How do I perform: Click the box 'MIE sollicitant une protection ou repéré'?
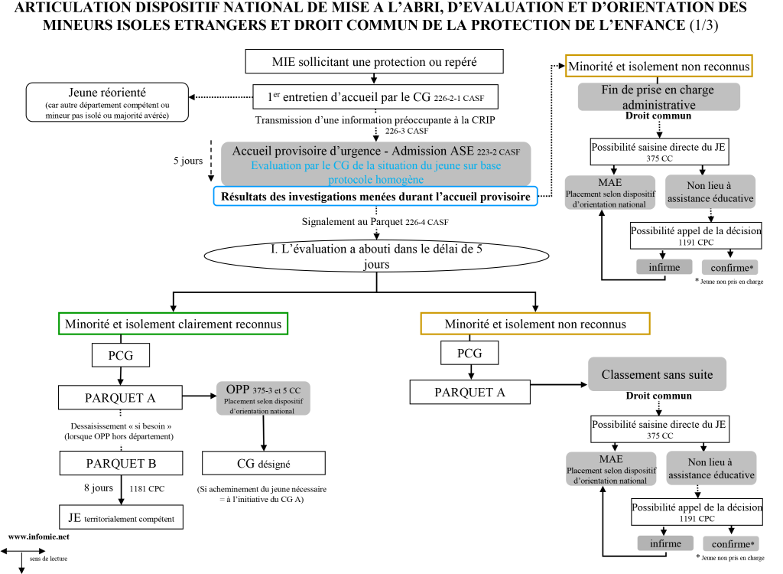coord(375,62)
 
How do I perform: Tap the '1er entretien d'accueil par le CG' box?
coord(375,96)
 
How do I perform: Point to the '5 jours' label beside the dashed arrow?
coord(188,161)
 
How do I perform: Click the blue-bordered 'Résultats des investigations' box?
coord(375,197)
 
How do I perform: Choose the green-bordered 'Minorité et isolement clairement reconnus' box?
coord(173,324)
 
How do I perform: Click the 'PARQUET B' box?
coord(121,463)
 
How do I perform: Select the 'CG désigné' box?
coord(263,463)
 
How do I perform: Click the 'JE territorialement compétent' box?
coord(121,517)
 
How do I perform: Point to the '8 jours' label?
coord(98,488)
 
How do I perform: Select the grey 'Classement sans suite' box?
coord(657,374)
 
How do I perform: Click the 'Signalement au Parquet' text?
coord(375,223)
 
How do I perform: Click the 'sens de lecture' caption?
coord(48,559)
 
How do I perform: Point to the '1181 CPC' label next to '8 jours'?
coord(147,488)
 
